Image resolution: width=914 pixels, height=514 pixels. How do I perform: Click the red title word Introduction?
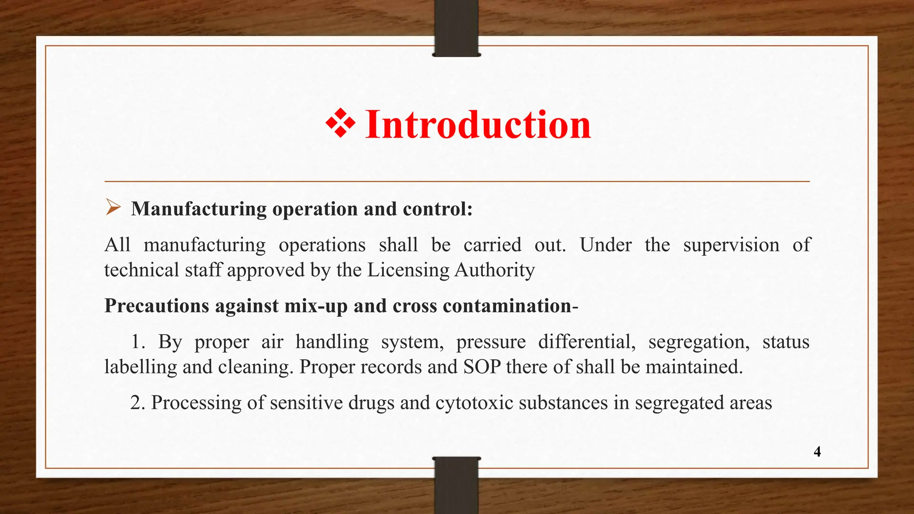point(478,124)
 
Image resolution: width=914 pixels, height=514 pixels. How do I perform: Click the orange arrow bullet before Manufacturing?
point(113,207)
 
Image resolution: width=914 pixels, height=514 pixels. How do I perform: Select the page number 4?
point(817,452)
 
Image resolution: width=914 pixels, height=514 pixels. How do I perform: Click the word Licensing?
point(408,270)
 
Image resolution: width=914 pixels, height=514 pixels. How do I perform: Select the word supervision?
point(731,245)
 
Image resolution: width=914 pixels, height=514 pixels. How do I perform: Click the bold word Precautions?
point(157,306)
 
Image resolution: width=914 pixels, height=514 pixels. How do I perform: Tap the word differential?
point(587,342)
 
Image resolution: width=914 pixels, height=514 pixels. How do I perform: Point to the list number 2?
point(137,402)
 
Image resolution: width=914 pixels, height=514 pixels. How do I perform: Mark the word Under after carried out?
point(606,245)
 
